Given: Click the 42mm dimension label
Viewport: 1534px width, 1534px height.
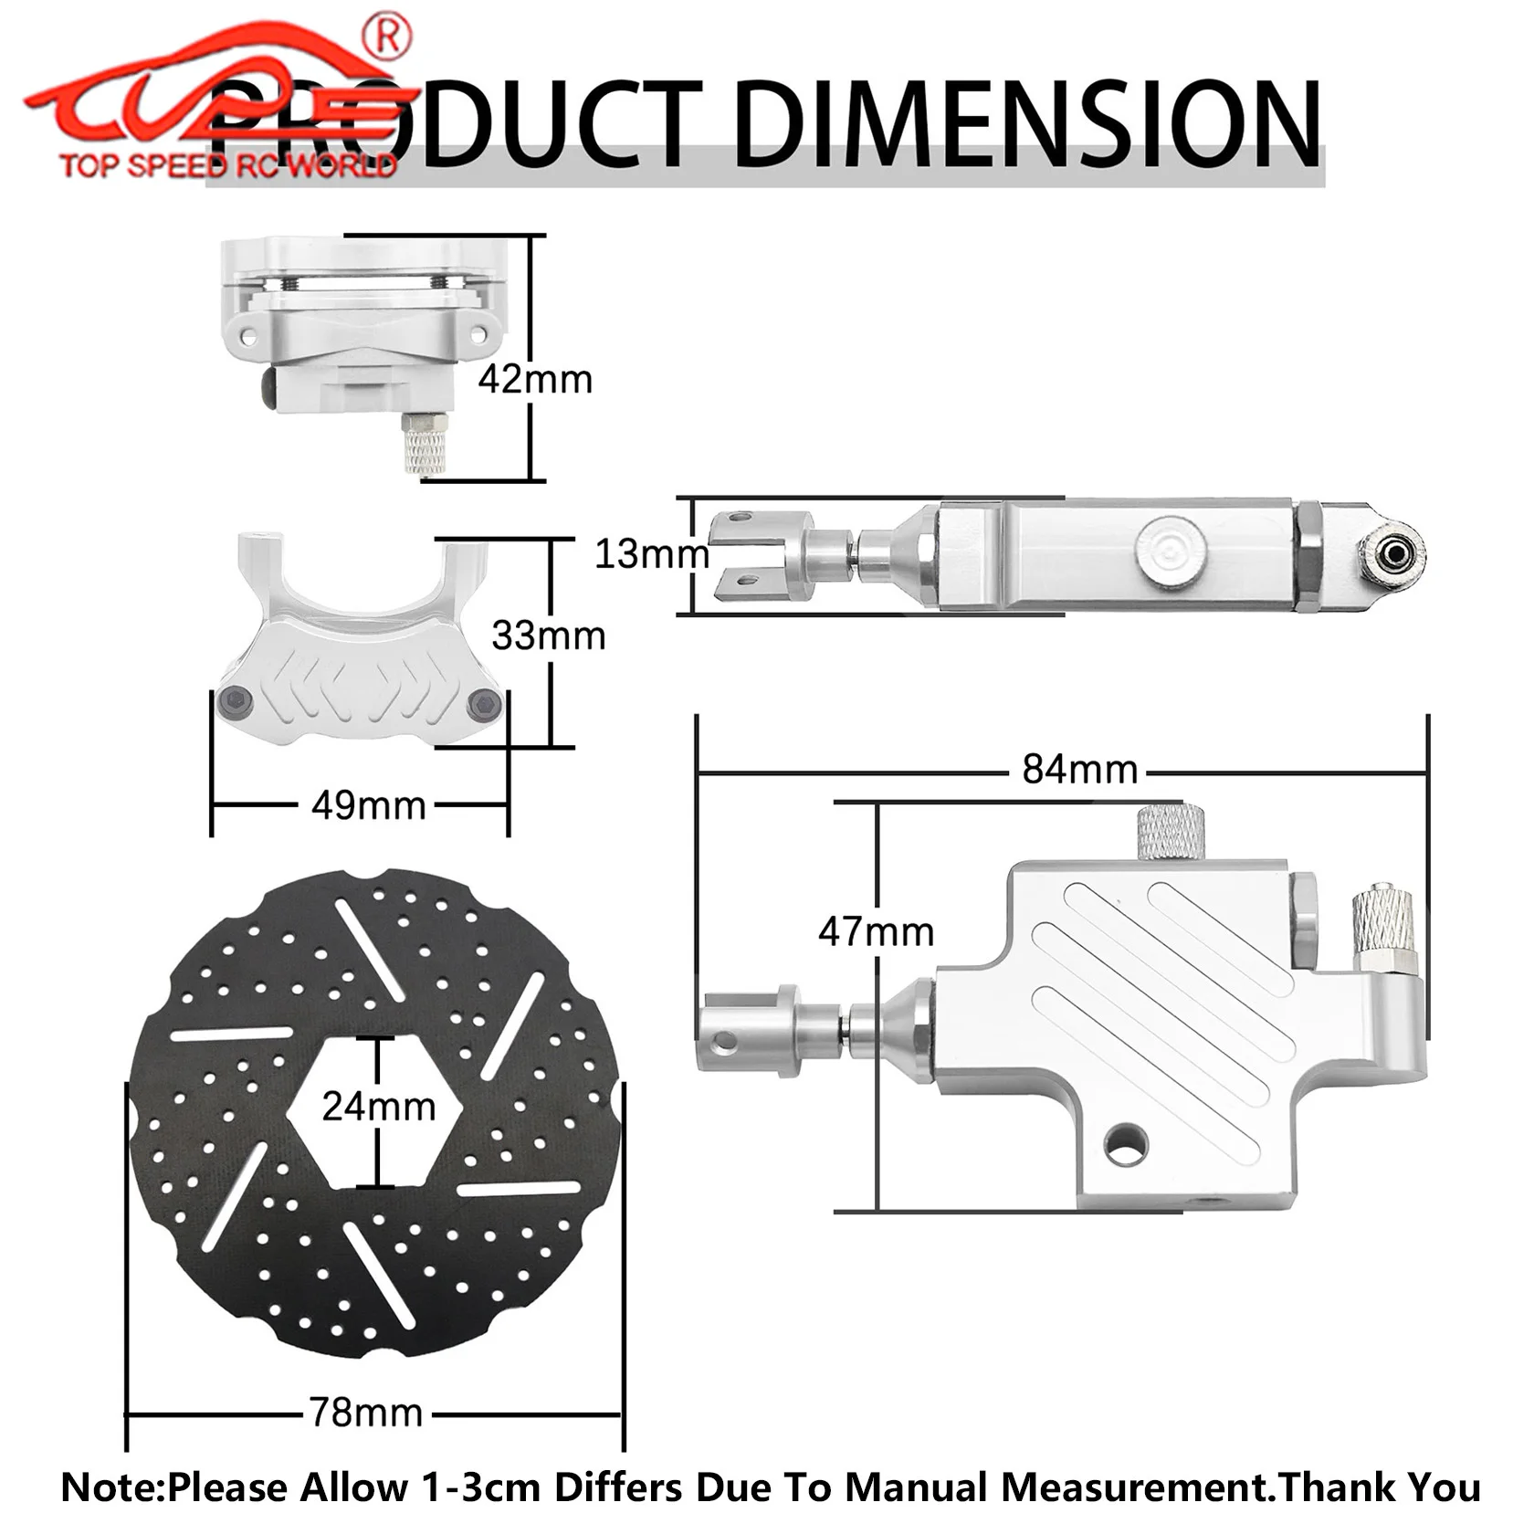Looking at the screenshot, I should click(535, 379).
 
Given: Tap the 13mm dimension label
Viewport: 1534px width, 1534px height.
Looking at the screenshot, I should click(651, 553).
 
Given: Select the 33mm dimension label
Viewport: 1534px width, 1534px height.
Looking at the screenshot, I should click(548, 636).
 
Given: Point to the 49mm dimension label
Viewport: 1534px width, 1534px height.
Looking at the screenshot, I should click(368, 805).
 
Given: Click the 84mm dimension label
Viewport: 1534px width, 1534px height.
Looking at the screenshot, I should click(1079, 770).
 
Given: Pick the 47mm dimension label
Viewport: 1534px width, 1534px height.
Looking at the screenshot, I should click(876, 932).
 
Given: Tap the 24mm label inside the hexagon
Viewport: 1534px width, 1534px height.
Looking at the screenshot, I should click(378, 1107).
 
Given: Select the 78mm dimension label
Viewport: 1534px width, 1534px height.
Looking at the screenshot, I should click(365, 1413).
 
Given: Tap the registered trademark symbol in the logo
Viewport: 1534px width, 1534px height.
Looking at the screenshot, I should click(387, 37).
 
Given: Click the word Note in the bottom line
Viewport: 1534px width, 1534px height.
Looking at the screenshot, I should click(110, 1487).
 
